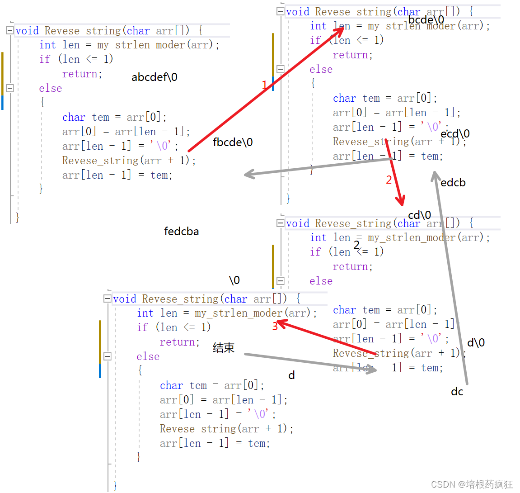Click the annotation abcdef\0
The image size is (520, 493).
pyautogui.click(x=155, y=77)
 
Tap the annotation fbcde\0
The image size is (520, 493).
pyautogui.click(x=233, y=142)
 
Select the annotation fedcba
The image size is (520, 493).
pyautogui.click(x=181, y=232)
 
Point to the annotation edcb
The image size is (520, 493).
pyautogui.click(x=453, y=183)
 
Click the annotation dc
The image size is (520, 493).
pyautogui.click(x=457, y=392)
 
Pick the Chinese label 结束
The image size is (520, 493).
pyautogui.click(x=224, y=348)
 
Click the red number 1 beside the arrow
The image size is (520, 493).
pyautogui.click(x=265, y=85)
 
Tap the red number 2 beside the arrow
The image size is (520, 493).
pyautogui.click(x=389, y=180)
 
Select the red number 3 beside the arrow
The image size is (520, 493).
pyautogui.click(x=275, y=326)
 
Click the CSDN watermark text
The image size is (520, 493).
pyautogui.click(x=472, y=484)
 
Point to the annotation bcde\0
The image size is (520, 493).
pyautogui.click(x=426, y=20)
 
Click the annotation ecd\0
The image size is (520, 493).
pyautogui.click(x=455, y=134)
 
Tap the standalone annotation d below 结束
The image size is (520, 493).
pyautogui.click(x=292, y=375)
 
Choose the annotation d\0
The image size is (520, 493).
pyautogui.click(x=476, y=343)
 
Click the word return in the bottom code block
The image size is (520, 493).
pyautogui.click(x=179, y=342)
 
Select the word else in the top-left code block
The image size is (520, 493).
pyautogui.click(x=51, y=88)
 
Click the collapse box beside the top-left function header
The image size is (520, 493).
pyautogui.click(x=10, y=30)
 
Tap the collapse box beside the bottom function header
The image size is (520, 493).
pyautogui.click(x=107, y=299)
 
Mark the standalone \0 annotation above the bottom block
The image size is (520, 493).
pyautogui.click(x=234, y=280)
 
